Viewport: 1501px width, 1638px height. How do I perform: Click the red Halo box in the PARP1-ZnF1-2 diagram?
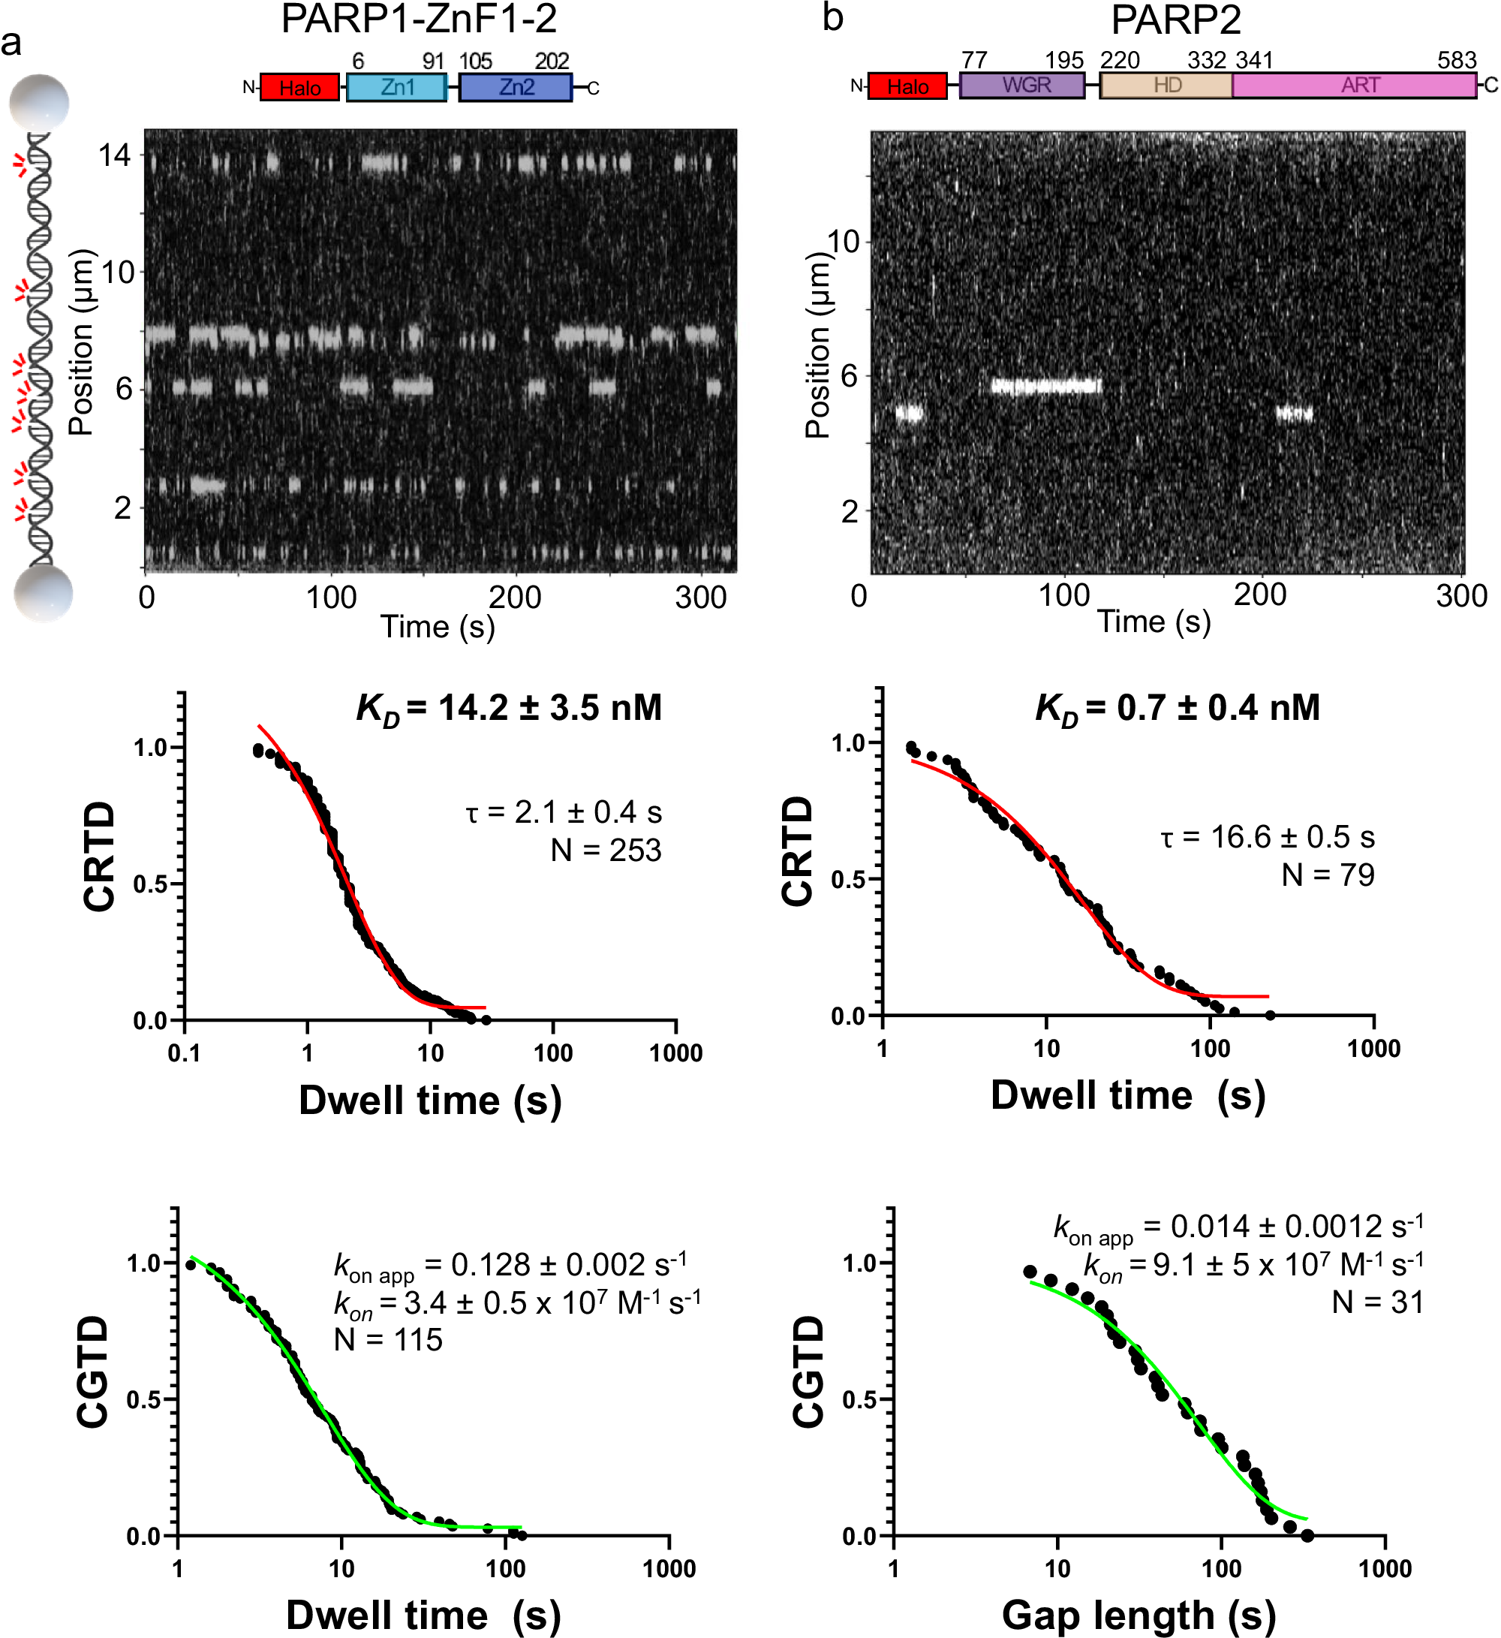coord(299,88)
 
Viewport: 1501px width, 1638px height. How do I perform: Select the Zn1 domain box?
coord(396,87)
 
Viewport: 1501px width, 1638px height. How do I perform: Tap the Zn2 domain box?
coord(515,87)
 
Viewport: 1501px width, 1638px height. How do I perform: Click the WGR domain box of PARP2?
coord(1021,86)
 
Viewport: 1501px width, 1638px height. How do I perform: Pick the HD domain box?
coord(1166,86)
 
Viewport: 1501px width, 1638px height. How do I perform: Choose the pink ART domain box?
coord(1354,86)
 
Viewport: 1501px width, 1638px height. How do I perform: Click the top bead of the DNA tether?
coord(39,102)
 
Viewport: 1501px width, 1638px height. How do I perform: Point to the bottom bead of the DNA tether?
coord(44,593)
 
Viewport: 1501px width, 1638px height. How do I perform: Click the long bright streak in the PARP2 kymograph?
coord(1046,386)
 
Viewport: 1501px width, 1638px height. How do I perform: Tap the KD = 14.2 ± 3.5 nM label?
coord(510,709)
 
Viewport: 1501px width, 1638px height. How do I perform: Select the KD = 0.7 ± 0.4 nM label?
coord(1177,709)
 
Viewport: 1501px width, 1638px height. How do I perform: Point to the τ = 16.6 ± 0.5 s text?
coord(1267,837)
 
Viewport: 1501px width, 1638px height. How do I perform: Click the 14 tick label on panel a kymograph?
coord(114,155)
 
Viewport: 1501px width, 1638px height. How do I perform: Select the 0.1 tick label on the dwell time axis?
coord(185,1053)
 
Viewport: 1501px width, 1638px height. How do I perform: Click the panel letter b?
coord(832,18)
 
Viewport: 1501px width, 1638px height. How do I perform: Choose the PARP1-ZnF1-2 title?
coord(419,20)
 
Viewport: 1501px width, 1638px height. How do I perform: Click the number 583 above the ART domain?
coord(1456,60)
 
